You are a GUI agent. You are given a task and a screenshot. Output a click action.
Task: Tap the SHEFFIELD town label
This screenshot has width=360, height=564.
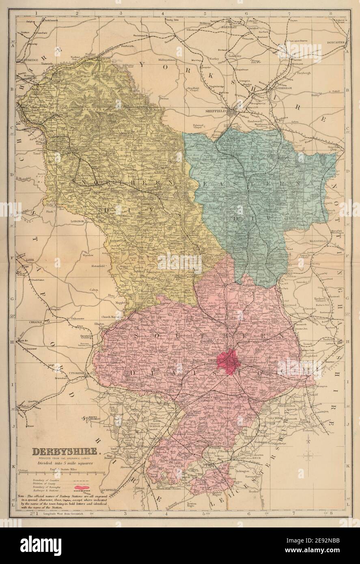(x=216, y=109)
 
